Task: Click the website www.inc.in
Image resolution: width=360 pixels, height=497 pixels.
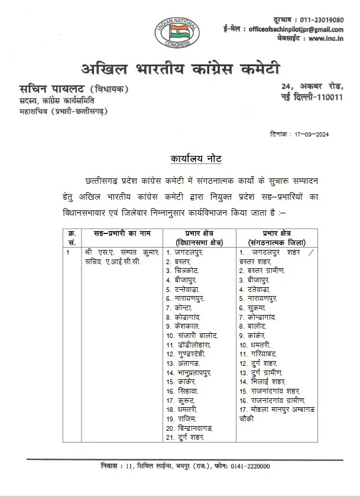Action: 327,39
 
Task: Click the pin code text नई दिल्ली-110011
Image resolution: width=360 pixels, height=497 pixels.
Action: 313,98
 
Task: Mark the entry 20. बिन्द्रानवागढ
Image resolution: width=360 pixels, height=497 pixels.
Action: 189,428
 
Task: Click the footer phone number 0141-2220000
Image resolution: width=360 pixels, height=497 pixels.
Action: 247,466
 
